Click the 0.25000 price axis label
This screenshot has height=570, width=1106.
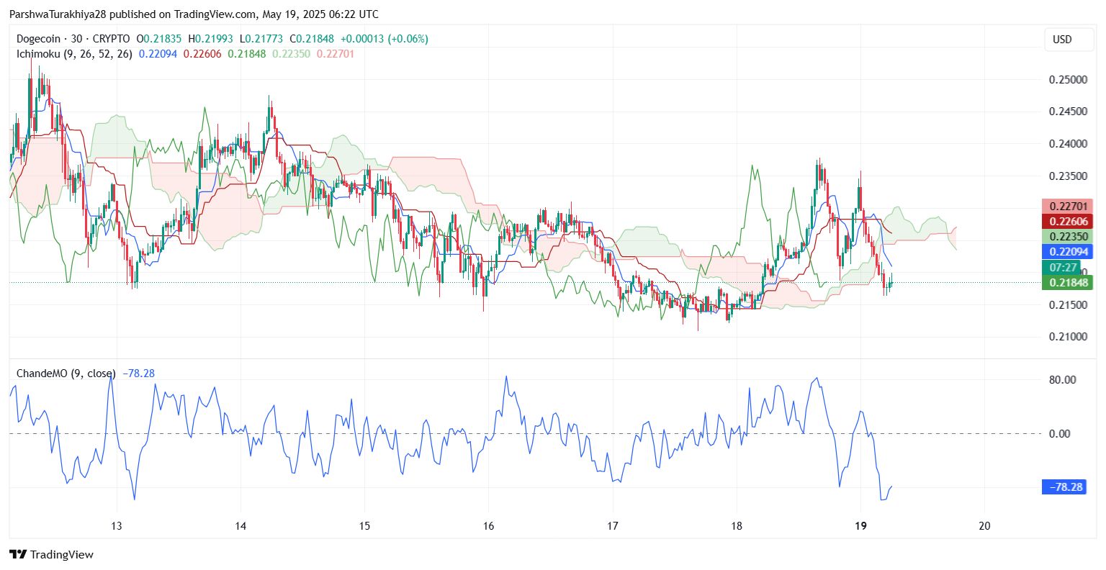pyautogui.click(x=1067, y=79)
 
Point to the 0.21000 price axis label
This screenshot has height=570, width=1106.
pyautogui.click(x=1067, y=337)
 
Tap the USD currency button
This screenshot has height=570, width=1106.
pyautogui.click(x=1063, y=40)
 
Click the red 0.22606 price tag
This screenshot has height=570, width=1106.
pyautogui.click(x=1067, y=222)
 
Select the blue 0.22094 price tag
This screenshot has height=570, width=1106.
pyautogui.click(x=1067, y=252)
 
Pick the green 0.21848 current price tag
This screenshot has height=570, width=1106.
pyautogui.click(x=1067, y=283)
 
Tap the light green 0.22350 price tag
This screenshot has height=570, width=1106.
pyautogui.click(x=1067, y=237)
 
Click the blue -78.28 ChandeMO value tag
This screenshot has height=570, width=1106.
pyautogui.click(x=1064, y=487)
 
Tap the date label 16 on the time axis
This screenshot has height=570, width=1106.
pyautogui.click(x=488, y=526)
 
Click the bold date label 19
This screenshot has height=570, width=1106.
pyautogui.click(x=860, y=526)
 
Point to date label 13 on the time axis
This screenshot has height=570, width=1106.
pyautogui.click(x=117, y=526)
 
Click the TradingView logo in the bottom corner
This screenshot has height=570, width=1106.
pyautogui.click(x=52, y=554)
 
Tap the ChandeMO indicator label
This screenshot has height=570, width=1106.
pyautogui.click(x=42, y=374)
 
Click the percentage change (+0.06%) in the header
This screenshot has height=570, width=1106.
pyautogui.click(x=408, y=39)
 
